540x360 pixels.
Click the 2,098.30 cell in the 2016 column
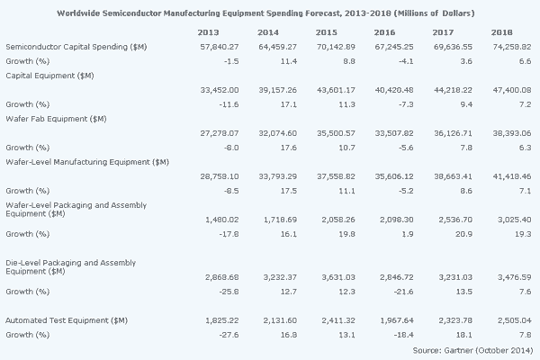pyautogui.click(x=437, y=218)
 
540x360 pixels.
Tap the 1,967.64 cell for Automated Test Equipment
pyautogui.click(x=437, y=319)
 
